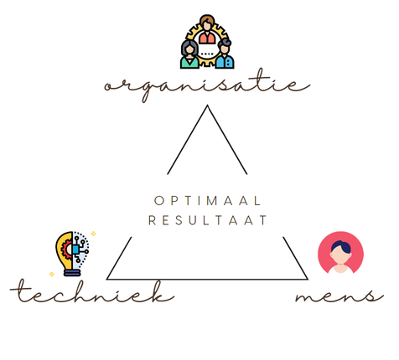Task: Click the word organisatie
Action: coord(207,85)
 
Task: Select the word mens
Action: coord(339,296)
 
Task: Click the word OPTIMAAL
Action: coord(207,201)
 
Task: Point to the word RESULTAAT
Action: coord(207,220)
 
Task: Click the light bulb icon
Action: coord(72,254)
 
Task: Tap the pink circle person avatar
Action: coord(340,253)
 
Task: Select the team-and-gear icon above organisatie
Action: coord(207,42)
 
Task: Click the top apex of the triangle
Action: coord(207,105)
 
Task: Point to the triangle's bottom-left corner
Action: coord(107,279)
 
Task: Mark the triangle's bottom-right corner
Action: coord(308,279)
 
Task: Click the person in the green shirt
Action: coord(189,54)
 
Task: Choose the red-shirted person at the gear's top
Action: coord(207,29)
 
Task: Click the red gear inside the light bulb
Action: coord(67,249)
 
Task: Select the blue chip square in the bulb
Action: coord(75,249)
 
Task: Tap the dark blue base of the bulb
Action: coord(72,272)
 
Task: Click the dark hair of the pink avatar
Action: coord(341,246)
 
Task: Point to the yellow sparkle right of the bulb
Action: coord(93,234)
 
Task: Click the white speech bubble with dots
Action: coord(207,53)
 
